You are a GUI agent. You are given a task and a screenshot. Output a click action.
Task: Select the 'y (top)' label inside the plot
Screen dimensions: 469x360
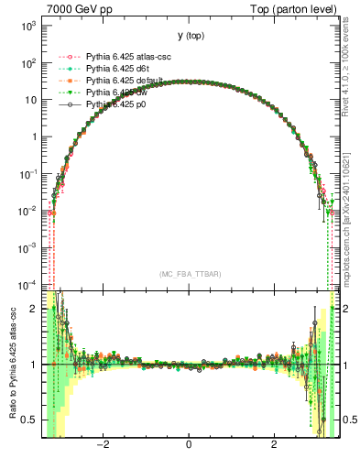pyautogui.click(x=190, y=36)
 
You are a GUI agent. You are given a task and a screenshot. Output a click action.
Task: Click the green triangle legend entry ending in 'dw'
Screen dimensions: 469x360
pyautogui.click(x=117, y=93)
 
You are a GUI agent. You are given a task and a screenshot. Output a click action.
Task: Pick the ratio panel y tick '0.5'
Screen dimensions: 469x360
pyautogui.click(x=28, y=420)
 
